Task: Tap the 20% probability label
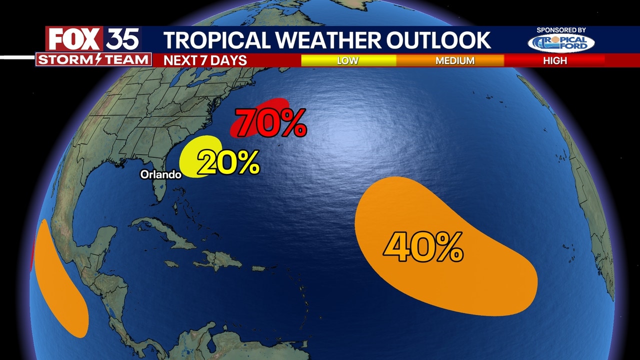[228, 163]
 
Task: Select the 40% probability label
[423, 248]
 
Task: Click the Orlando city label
[160, 175]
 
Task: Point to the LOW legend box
[348, 60]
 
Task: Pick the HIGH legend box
[555, 60]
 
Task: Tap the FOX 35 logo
[93, 39]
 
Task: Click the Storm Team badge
[93, 59]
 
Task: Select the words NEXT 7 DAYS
[205, 60]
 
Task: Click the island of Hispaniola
[217, 260]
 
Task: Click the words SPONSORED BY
[561, 30]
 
